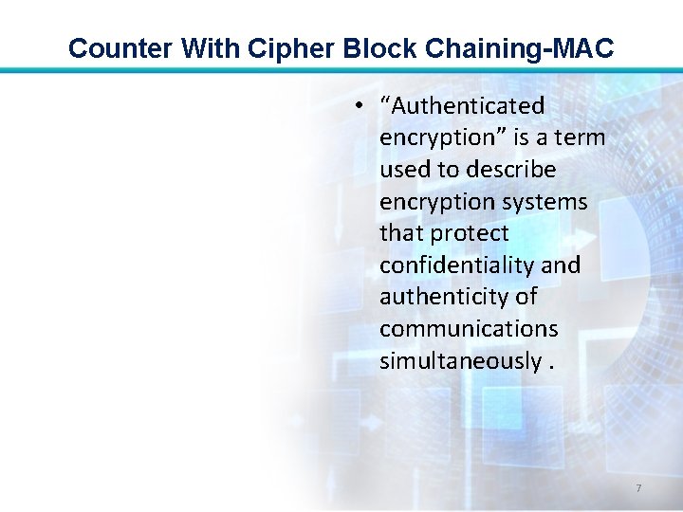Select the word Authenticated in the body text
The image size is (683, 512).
pos(463,105)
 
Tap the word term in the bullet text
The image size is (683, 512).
pos(582,137)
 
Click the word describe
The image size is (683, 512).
pos(508,169)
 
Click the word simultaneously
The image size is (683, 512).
pos(460,361)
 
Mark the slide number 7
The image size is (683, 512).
pos(638,488)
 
